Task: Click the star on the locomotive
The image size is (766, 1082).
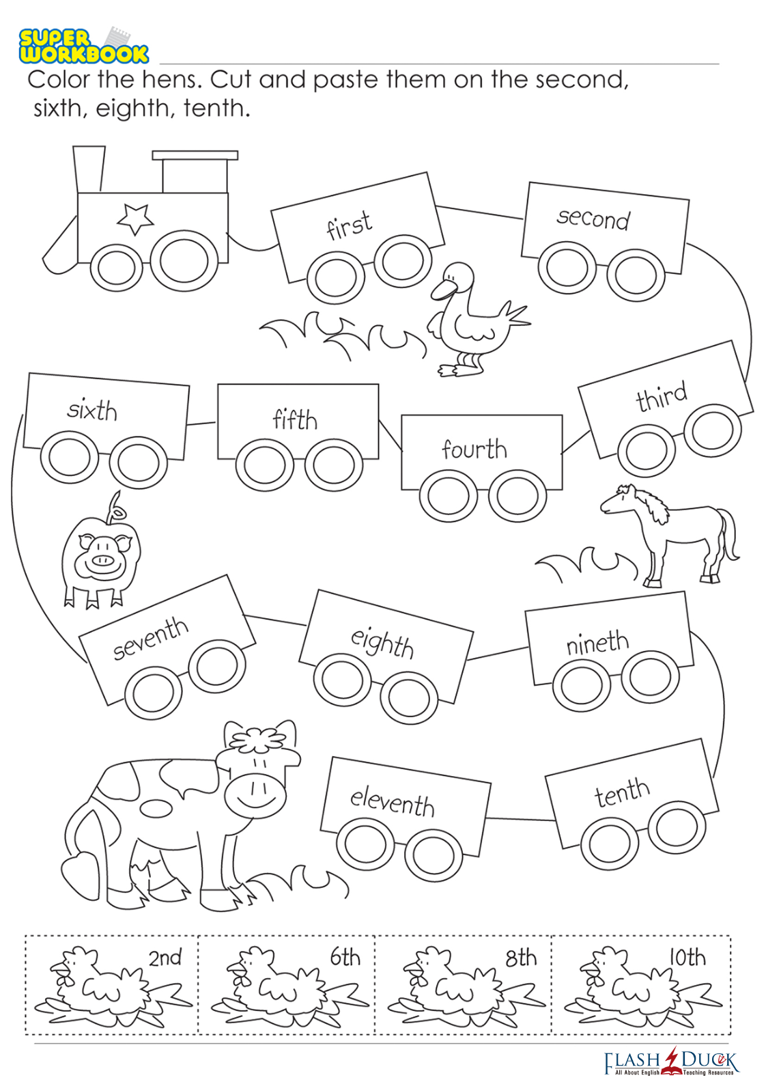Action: (x=135, y=219)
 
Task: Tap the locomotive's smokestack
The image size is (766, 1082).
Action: (x=89, y=169)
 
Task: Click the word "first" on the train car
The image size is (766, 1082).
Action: (x=349, y=225)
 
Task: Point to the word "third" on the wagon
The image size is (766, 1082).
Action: (x=662, y=397)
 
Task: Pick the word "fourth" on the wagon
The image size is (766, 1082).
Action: (x=474, y=449)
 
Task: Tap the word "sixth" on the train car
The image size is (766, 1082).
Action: (x=91, y=411)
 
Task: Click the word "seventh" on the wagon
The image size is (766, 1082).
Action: (x=151, y=639)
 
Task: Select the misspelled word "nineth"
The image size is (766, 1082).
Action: (x=597, y=643)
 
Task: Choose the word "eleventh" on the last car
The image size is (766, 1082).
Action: (x=392, y=803)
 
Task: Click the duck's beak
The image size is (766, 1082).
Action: (x=441, y=290)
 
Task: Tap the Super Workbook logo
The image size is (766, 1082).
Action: (x=83, y=45)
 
